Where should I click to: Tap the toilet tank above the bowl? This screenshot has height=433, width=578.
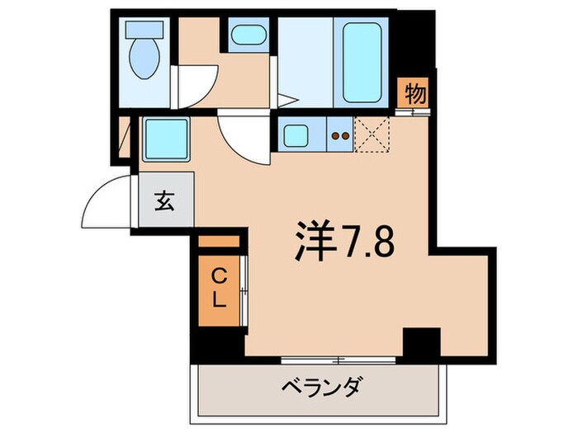(144, 29)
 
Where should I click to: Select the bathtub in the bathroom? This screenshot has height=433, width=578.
(362, 62)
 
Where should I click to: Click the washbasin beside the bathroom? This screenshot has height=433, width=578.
(249, 35)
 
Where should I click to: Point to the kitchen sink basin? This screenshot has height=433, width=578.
(296, 135)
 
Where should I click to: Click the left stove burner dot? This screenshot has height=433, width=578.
(335, 136)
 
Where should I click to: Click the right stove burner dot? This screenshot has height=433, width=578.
(345, 136)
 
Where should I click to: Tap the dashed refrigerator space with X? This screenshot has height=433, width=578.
(372, 134)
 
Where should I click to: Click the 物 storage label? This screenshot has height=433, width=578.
(415, 94)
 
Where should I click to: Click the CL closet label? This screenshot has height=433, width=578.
(219, 289)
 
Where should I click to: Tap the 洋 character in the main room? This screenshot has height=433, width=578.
(316, 241)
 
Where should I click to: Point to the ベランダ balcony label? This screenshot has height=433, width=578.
(320, 386)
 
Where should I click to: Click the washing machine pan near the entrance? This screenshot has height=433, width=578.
(166, 139)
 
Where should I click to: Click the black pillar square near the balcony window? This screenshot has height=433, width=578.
(421, 342)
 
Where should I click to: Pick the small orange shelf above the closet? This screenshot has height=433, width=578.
(219, 241)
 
